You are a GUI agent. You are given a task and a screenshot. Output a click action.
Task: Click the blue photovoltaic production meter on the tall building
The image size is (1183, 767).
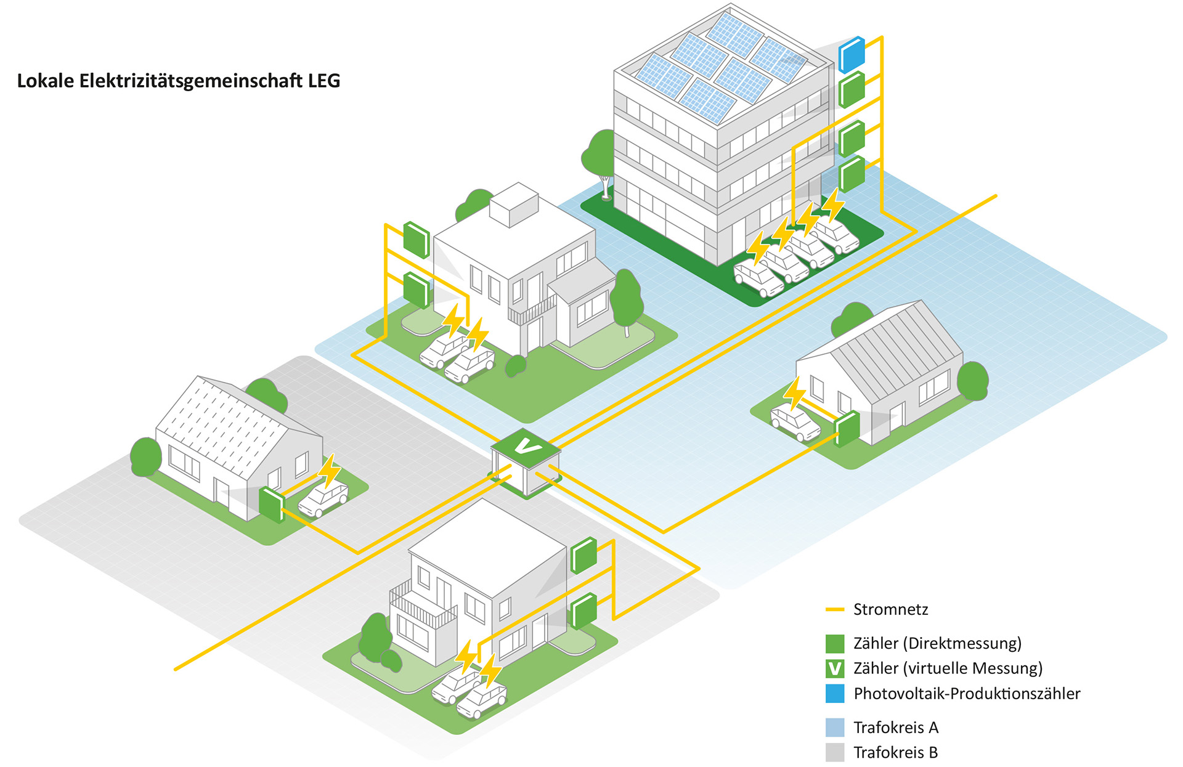coord(852,54)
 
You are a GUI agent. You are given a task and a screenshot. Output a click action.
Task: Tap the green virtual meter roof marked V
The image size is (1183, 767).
coord(526,445)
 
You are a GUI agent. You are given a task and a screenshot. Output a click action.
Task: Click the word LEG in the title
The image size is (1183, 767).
coord(324,81)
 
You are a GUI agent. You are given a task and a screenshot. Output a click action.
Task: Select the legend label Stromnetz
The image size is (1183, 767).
coord(890,609)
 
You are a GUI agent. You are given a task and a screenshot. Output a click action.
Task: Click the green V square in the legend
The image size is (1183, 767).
coord(835,668)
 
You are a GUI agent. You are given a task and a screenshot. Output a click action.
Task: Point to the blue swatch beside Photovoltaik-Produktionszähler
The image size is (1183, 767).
coord(835,694)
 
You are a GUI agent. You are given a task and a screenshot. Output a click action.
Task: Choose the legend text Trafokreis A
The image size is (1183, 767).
coord(896,728)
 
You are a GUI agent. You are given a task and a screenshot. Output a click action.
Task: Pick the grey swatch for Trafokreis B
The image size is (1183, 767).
coord(835,752)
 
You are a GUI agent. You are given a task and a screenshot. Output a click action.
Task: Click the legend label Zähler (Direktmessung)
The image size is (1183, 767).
coord(937,643)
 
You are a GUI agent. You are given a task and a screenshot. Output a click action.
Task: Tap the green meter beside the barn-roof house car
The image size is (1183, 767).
coord(847,428)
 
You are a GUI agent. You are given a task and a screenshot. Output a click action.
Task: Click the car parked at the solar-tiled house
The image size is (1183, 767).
coord(323,498)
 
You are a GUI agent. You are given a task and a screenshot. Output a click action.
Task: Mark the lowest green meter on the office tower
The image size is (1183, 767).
coord(852,174)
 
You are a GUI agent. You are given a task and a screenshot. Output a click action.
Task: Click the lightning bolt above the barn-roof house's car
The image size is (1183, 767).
coord(794,392)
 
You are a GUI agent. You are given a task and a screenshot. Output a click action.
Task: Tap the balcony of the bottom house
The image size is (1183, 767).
coord(423,607)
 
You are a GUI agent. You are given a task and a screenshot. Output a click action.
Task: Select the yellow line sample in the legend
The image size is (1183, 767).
coord(835,609)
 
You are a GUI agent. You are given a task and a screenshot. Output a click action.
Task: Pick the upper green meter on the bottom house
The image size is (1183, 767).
coord(583,554)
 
